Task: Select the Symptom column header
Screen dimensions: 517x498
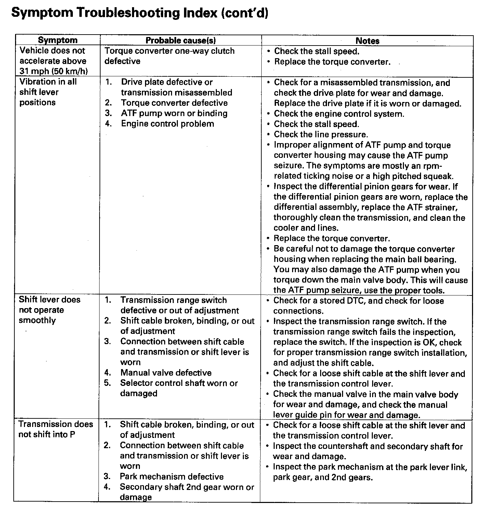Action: point(57,40)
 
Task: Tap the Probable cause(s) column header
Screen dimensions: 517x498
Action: point(181,40)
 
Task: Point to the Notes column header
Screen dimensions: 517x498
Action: point(367,41)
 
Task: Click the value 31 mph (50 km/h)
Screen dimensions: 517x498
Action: point(53,72)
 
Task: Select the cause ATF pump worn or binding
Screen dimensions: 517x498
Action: point(174,113)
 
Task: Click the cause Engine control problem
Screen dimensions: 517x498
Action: point(167,124)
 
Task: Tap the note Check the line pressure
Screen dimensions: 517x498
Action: point(320,135)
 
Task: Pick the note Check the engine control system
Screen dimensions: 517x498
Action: point(339,114)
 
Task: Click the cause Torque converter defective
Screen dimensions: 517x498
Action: point(174,103)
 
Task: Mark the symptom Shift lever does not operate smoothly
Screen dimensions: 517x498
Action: point(49,310)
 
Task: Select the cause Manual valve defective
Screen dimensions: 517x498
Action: point(166,373)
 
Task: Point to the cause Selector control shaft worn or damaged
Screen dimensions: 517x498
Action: point(179,388)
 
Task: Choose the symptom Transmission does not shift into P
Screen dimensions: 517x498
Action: point(55,429)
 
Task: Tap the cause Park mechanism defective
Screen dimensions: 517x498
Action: point(171,477)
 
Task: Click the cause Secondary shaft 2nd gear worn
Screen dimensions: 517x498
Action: point(186,492)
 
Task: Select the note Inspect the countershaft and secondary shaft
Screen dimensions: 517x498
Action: point(367,451)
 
